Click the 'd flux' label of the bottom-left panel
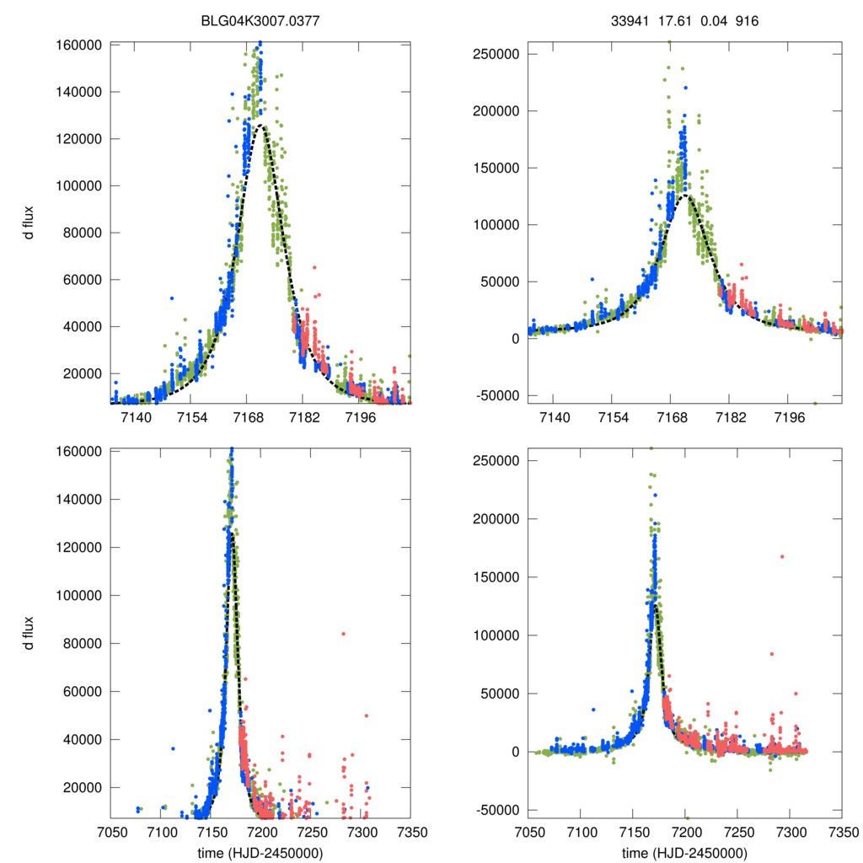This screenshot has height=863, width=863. tap(29, 633)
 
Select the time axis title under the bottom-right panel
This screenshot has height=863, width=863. tap(684, 853)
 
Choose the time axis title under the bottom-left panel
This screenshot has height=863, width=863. tap(260, 853)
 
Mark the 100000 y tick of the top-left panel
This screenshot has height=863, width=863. tap(81, 186)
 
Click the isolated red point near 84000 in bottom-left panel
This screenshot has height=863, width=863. tap(343, 634)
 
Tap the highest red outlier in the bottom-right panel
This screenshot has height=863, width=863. tap(782, 556)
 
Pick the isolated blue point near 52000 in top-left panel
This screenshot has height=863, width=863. tap(172, 297)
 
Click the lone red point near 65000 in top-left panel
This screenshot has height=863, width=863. tap(314, 267)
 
